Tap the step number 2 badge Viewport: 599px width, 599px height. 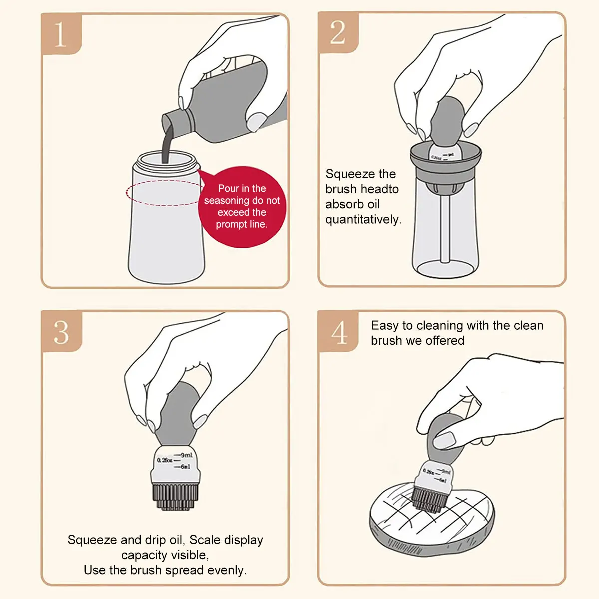[x=338, y=32]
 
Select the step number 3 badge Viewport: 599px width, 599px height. [x=61, y=332]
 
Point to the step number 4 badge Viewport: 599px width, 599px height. [x=338, y=332]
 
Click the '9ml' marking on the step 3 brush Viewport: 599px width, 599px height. [x=186, y=455]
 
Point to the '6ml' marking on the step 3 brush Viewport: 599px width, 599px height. [x=185, y=467]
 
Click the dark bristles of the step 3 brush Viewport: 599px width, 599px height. [x=175, y=496]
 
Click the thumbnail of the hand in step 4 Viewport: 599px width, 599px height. [x=445, y=440]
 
